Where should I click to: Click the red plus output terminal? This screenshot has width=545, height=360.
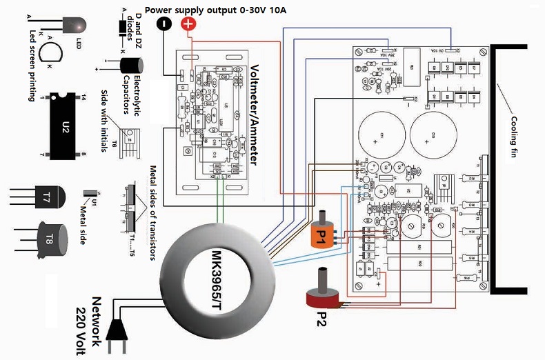click(x=188, y=24)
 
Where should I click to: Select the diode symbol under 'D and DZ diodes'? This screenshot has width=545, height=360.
click(x=123, y=28)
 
